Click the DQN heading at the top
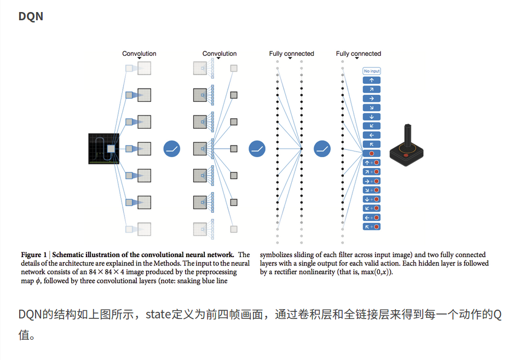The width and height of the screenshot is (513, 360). tap(31, 16)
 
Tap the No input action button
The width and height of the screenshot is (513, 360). tap(372, 71)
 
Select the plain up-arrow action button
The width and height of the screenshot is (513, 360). tap(372, 80)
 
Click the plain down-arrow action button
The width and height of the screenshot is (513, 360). tap(372, 117)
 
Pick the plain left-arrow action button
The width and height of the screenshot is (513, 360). tap(372, 135)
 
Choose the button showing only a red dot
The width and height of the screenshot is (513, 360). tap(372, 154)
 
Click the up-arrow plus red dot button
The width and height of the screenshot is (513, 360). tap(372, 163)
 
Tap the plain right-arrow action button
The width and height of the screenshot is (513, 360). tap(372, 98)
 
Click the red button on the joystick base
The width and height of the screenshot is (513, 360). tap(406, 155)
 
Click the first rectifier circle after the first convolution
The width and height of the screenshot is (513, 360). tap(171, 149)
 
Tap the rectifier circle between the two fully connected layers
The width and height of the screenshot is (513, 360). tap(322, 149)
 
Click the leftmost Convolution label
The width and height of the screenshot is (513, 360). tap(139, 54)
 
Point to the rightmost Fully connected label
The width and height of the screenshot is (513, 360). tap(359, 54)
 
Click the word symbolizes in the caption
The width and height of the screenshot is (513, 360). tap(277, 255)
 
